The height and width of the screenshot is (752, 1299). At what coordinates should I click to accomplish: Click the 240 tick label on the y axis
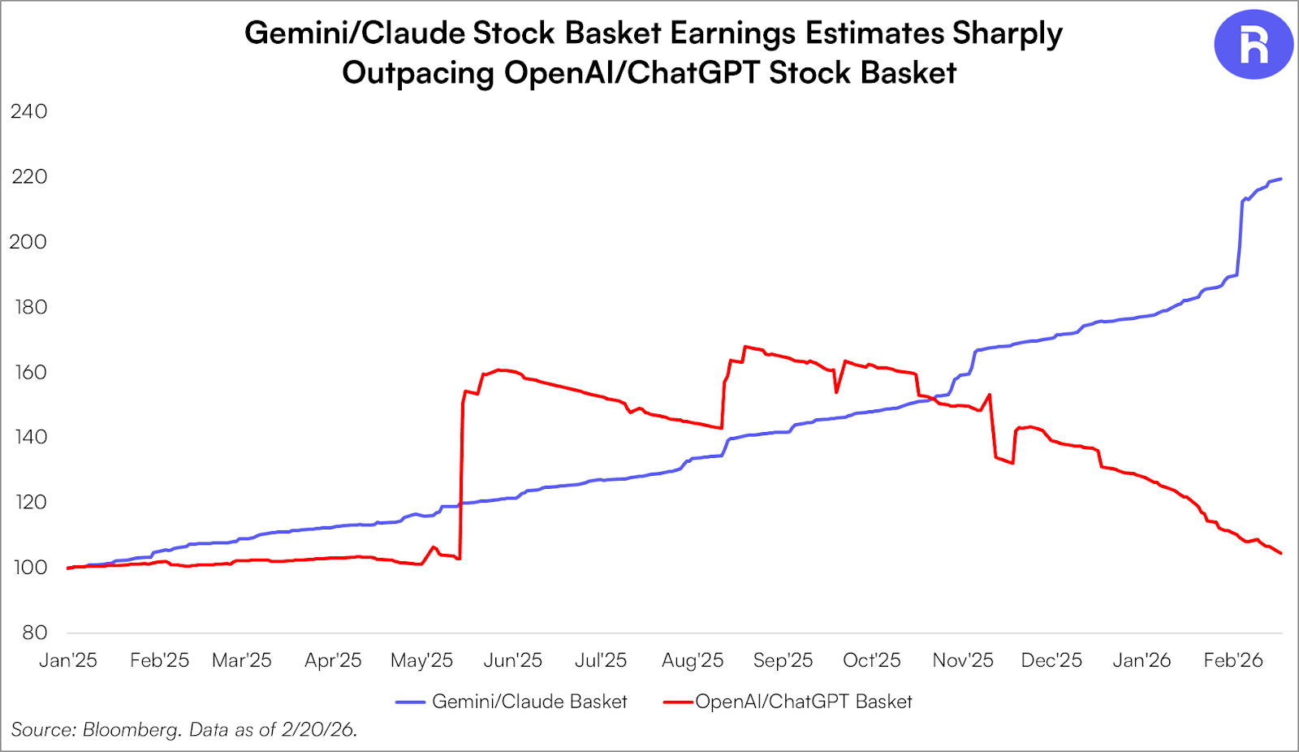[x=28, y=111]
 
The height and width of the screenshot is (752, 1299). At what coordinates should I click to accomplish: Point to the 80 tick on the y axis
[x=35, y=633]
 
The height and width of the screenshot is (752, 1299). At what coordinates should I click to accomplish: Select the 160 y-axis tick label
[x=30, y=372]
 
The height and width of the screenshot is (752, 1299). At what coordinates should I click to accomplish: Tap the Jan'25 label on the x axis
[x=68, y=660]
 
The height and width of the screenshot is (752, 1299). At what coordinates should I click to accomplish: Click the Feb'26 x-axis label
[x=1233, y=660]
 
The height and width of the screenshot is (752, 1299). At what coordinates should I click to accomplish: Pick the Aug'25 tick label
[x=693, y=660]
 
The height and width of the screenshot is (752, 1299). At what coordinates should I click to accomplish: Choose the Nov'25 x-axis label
[x=963, y=660]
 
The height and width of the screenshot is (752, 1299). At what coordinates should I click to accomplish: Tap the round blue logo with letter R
[x=1254, y=45]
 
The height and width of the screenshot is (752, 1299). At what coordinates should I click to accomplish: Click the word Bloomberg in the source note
[x=132, y=730]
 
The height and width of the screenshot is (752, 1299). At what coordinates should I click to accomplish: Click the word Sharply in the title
[x=1007, y=33]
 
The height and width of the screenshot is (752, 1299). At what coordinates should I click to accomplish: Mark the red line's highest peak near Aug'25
[x=745, y=347]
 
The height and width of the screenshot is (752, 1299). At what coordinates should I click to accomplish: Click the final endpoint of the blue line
[x=1281, y=179]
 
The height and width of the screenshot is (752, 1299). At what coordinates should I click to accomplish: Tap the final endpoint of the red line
[x=1281, y=553]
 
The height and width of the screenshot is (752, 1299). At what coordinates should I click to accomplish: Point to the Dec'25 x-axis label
[x=1051, y=660]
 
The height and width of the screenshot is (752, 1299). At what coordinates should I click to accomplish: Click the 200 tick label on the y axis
[x=28, y=242]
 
